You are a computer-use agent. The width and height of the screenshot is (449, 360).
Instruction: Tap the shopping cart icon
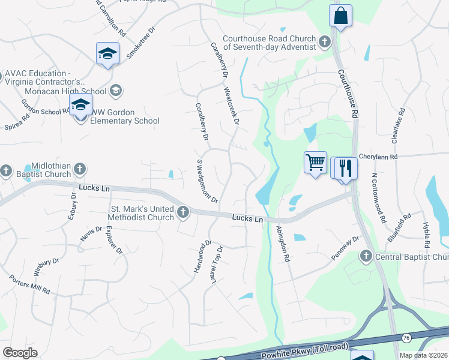pos(316,162)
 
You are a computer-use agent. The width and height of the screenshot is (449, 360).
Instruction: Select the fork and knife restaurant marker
pos(345,167)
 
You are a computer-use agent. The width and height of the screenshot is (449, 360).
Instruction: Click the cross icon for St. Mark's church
pos(183,212)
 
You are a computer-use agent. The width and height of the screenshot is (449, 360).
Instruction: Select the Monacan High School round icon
pos(116,91)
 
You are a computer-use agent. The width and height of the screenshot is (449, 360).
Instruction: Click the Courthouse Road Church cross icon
pos(325,42)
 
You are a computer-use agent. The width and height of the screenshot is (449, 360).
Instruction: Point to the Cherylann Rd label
pos(378,157)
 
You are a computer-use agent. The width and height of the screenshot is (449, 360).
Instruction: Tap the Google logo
pos(20,352)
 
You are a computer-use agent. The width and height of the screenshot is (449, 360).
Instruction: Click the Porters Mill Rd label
pos(29,284)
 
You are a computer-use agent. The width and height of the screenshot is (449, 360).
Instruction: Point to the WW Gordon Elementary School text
pos(125,116)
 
